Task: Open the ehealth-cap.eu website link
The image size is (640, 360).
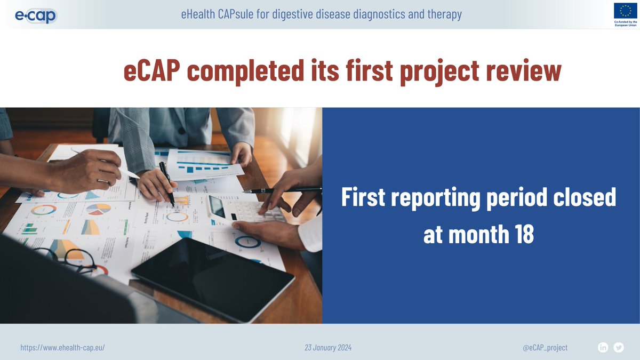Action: coord(62,348)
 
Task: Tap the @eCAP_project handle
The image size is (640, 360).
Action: coord(545,348)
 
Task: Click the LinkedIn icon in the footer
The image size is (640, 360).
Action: coord(603,348)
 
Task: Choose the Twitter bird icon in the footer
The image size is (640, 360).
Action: coord(619,348)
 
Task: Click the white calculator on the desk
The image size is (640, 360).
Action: coord(243,211)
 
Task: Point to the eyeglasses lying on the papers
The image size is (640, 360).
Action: coord(75,259)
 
